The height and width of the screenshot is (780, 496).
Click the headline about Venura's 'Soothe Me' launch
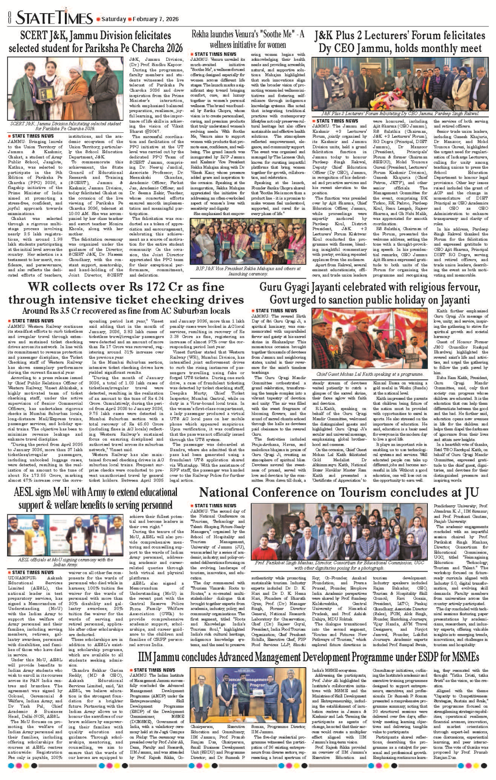(x=248, y=39)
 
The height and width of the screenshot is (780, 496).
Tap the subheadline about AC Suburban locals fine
(x=126, y=311)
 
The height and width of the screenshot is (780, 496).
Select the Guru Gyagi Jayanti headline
(x=370, y=293)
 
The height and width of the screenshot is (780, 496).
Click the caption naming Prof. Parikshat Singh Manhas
(x=339, y=565)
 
